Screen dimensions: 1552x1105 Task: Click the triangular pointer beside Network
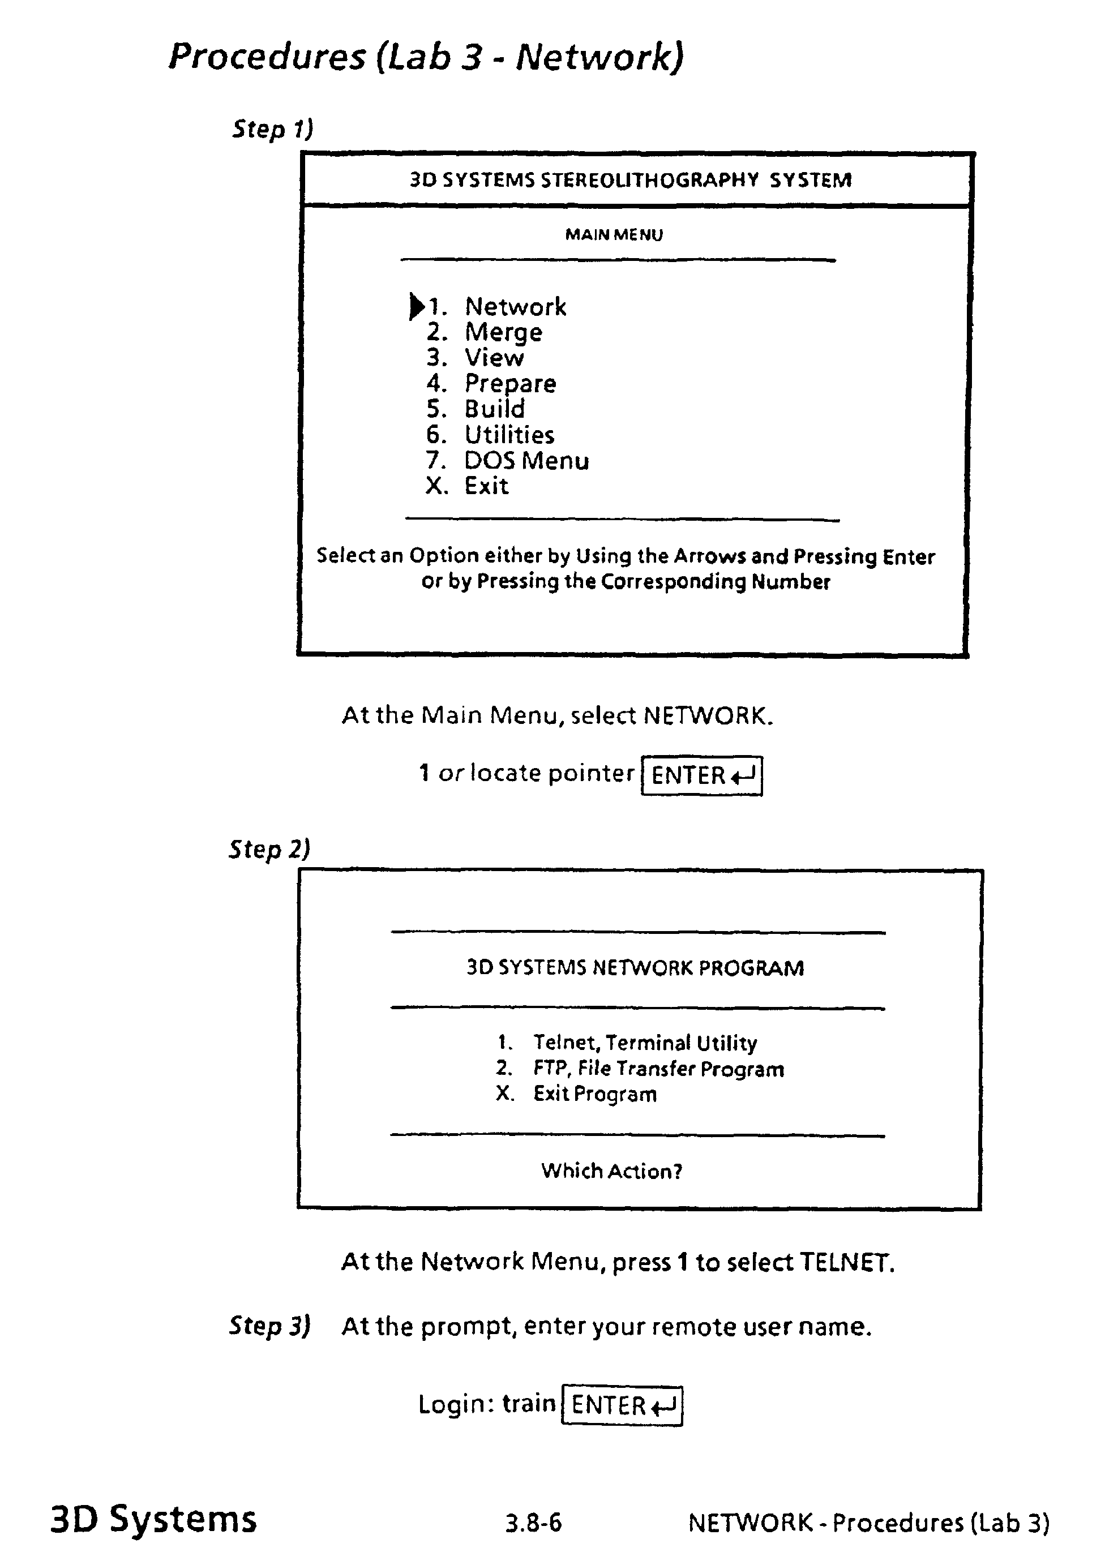[x=416, y=306]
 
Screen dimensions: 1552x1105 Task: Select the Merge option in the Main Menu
[x=503, y=333]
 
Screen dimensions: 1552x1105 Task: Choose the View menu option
[x=494, y=358]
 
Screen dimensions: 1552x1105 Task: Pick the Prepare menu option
[x=509, y=384]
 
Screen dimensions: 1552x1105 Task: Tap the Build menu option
[x=495, y=409]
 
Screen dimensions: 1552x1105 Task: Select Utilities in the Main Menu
[x=509, y=435]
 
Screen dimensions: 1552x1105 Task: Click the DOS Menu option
[x=526, y=461]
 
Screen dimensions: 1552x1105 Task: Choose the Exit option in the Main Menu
[x=486, y=486]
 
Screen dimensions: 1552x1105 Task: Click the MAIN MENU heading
[x=614, y=235]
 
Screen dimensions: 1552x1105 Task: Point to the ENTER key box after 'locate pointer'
[x=701, y=775]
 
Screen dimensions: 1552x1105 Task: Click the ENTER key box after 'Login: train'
[x=621, y=1404]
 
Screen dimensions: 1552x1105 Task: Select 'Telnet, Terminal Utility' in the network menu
[x=644, y=1043]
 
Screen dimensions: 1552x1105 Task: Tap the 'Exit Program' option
[x=595, y=1094]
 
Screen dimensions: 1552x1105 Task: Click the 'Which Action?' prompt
[x=611, y=1171]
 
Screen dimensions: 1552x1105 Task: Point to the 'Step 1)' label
[x=272, y=128]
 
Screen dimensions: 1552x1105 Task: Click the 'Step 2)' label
[x=269, y=848]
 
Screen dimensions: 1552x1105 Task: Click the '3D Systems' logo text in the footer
[x=154, y=1519]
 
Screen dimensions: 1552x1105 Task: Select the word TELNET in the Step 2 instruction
[x=845, y=1262]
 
